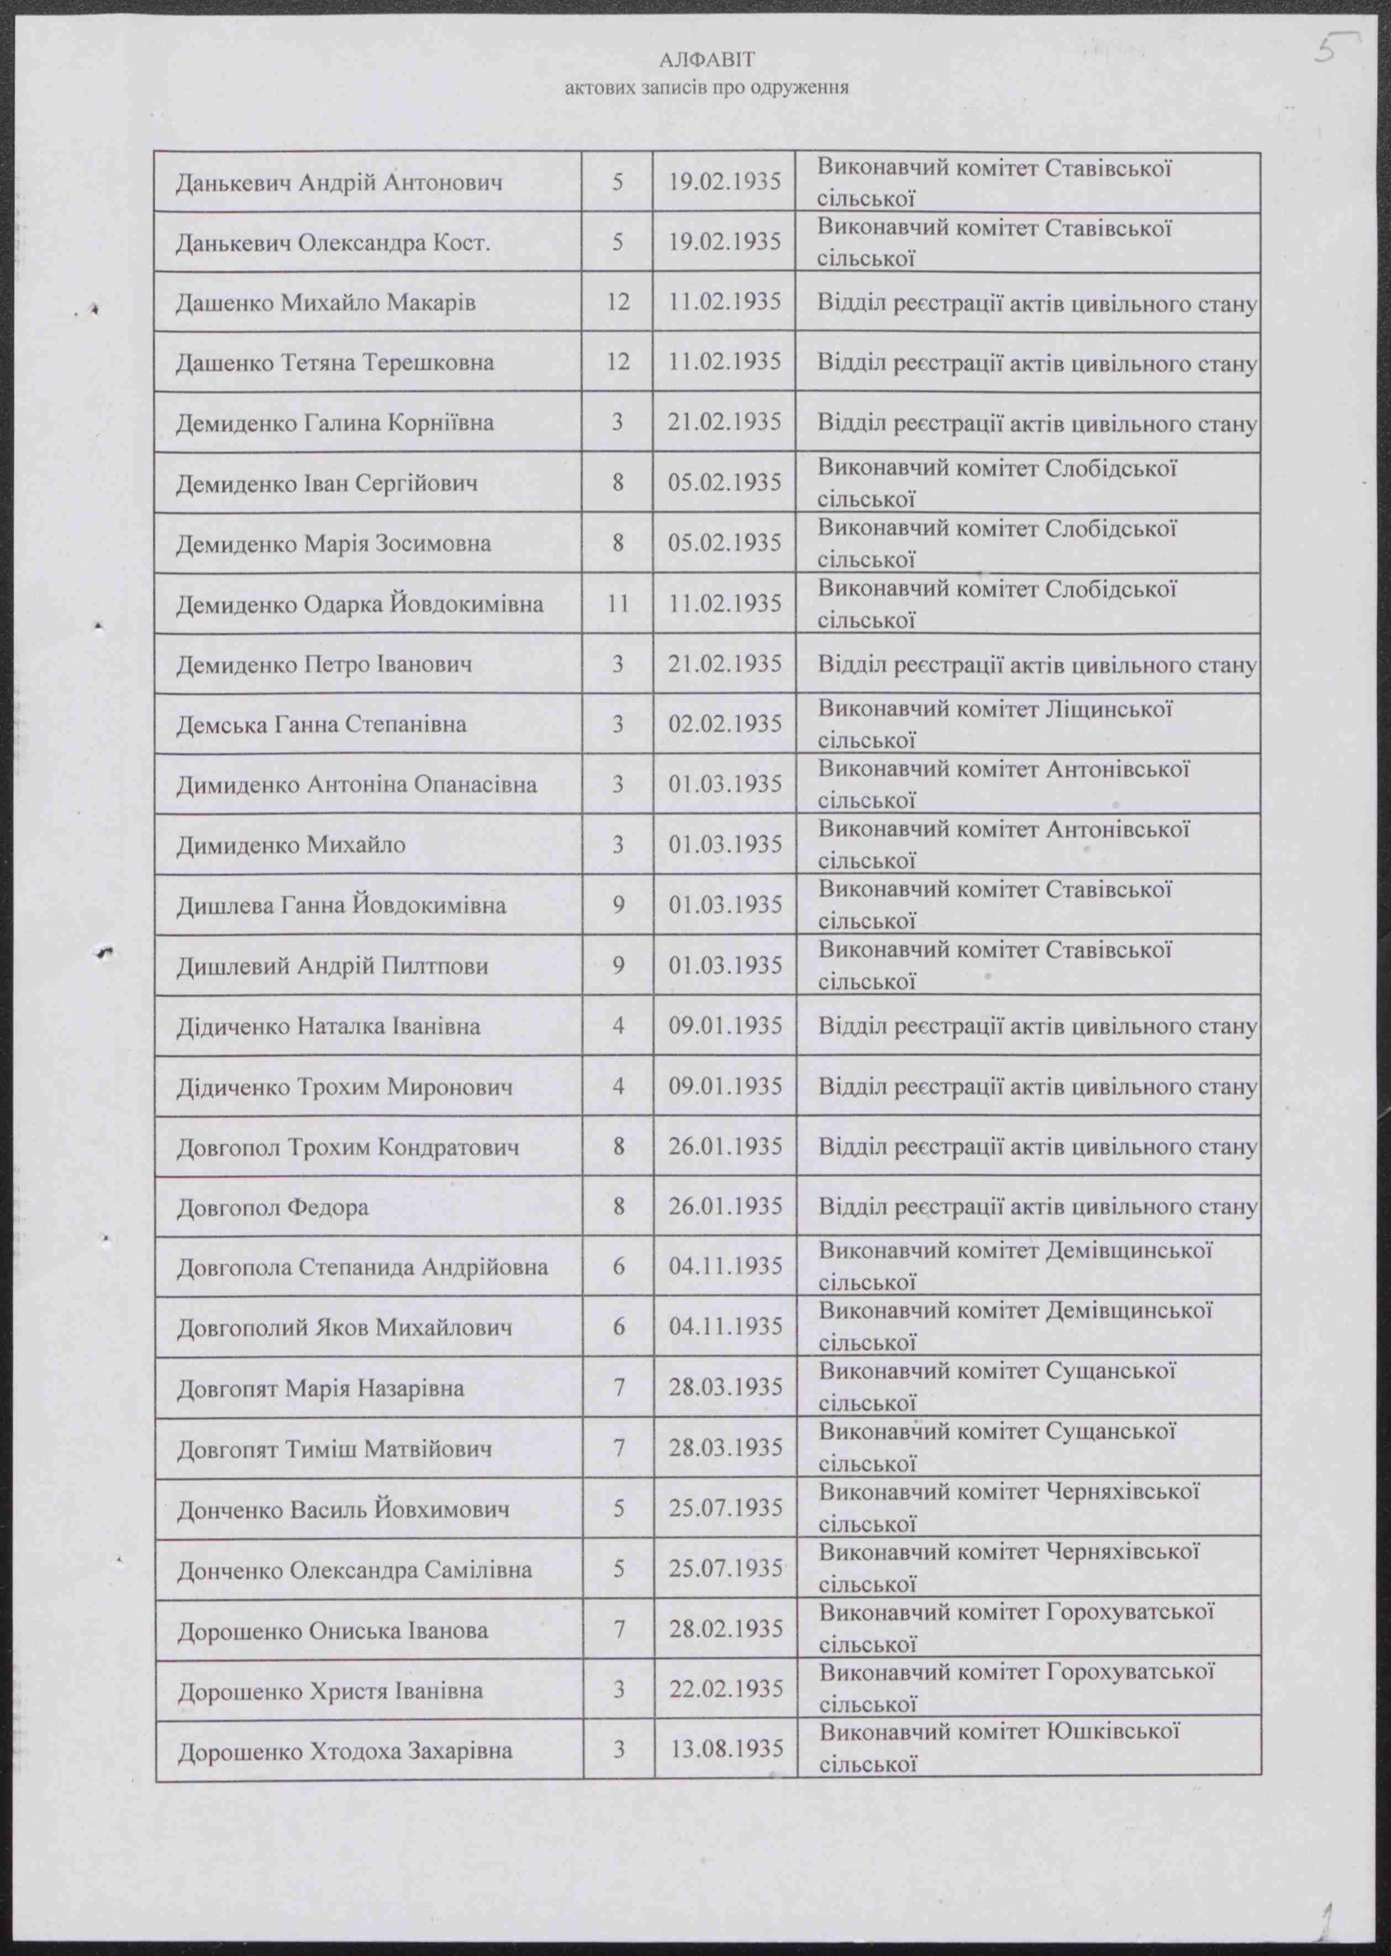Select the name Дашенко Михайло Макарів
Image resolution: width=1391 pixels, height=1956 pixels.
pyautogui.click(x=325, y=302)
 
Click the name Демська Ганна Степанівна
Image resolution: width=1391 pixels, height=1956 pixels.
pyautogui.click(x=321, y=725)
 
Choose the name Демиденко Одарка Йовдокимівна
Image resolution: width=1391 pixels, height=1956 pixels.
pyautogui.click(x=360, y=605)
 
